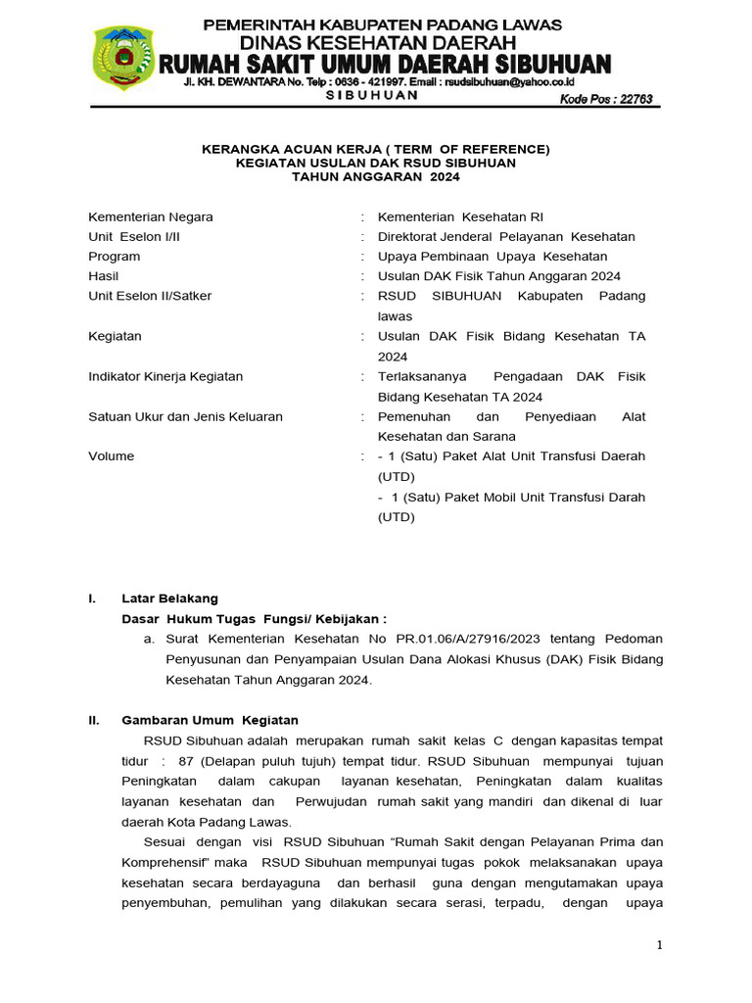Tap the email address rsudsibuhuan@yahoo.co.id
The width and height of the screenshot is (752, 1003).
(523, 83)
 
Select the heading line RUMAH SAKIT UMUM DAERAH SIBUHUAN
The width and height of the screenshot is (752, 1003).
(385, 64)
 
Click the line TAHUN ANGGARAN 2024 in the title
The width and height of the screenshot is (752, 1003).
(376, 177)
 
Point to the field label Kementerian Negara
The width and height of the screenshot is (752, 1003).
(151, 216)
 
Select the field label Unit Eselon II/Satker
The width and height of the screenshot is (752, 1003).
(150, 296)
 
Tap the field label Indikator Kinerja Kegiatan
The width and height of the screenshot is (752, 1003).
(165, 376)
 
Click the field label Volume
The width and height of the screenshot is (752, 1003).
(111, 456)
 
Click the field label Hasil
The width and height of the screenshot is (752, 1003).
(103, 276)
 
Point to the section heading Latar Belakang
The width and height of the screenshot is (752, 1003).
(169, 597)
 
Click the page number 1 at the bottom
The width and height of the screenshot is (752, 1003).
(660, 944)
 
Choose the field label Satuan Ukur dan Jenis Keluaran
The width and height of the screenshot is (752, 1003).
(185, 416)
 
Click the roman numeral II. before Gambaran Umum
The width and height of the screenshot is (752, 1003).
(94, 720)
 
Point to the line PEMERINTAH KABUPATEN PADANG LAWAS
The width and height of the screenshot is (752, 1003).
(382, 24)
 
